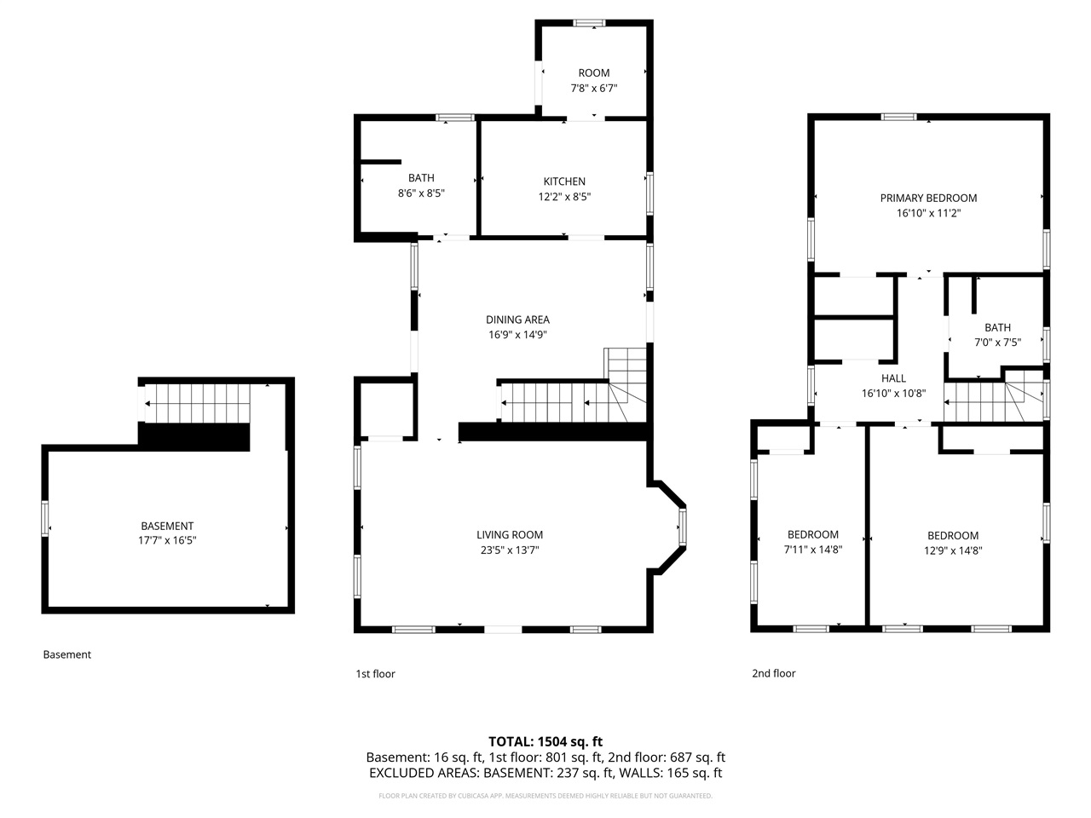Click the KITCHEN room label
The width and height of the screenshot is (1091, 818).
click(564, 181)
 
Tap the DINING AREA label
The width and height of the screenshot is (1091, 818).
click(517, 320)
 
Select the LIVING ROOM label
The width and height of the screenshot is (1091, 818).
click(509, 535)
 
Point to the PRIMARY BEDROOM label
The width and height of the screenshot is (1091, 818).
click(928, 199)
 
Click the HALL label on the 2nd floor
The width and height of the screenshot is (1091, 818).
click(893, 378)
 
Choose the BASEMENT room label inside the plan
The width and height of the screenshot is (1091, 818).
click(167, 527)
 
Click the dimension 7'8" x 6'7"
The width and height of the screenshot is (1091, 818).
click(594, 88)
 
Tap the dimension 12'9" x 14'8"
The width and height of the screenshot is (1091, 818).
click(953, 550)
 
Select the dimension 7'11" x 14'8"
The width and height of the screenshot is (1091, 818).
click(812, 550)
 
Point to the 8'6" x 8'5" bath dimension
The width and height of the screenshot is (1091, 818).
click(421, 193)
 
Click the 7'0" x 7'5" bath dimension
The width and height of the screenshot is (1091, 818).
click(997, 343)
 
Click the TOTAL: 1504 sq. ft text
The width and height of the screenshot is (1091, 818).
click(545, 741)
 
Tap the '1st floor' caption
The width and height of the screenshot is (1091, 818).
click(375, 674)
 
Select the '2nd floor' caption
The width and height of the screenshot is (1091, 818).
click(773, 673)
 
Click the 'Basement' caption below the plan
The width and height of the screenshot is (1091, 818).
click(66, 654)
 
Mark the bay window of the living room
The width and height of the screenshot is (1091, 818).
click(681, 527)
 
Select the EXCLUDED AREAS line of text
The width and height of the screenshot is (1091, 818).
click(545, 773)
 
